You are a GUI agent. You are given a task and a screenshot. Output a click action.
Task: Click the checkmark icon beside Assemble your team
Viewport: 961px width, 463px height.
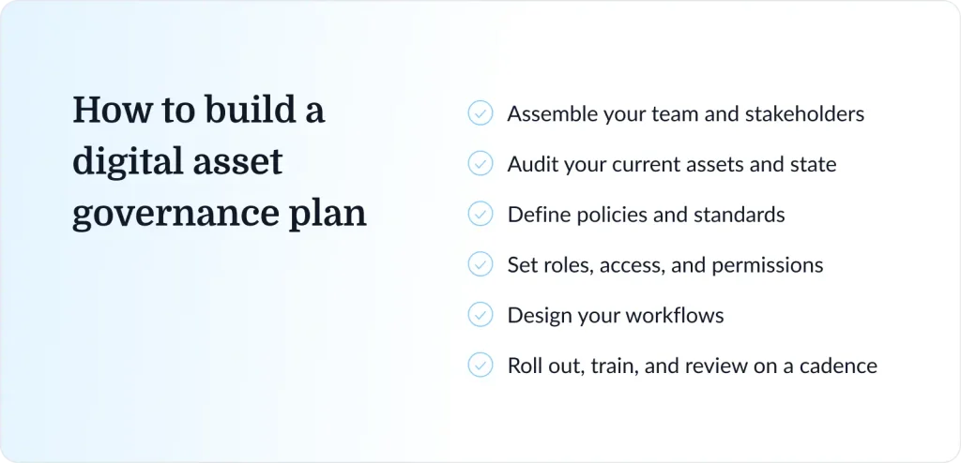pos(480,113)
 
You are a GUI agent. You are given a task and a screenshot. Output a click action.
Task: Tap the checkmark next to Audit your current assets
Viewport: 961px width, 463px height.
pos(480,163)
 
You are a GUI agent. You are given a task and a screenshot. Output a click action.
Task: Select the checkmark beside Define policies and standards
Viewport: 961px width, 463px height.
pos(480,214)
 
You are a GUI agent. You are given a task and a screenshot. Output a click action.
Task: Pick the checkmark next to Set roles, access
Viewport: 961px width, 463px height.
pos(480,264)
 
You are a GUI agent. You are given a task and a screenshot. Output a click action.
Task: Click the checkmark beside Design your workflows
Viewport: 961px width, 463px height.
pos(480,315)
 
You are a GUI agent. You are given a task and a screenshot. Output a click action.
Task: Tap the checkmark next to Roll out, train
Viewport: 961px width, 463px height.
pos(480,365)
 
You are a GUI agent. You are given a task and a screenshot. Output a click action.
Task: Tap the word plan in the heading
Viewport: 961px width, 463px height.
pos(328,215)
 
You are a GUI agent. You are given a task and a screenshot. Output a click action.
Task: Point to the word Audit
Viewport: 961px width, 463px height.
pos(529,164)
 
